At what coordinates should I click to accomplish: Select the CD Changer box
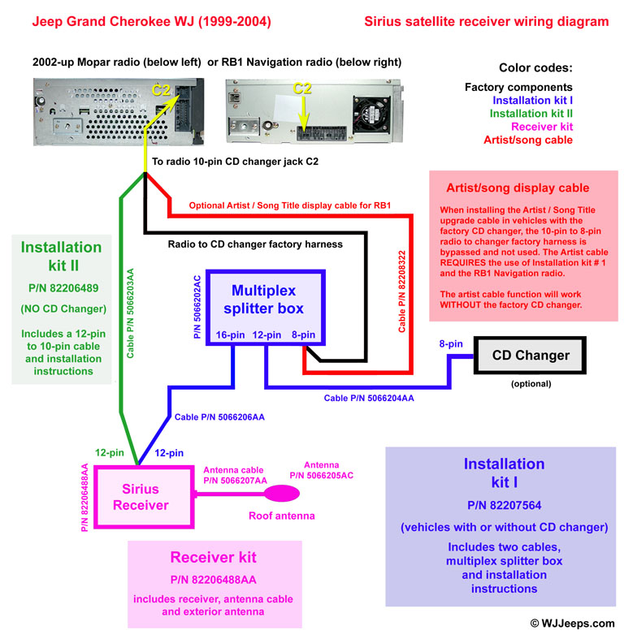tap(531, 355)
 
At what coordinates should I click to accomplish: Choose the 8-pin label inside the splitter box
tap(303, 334)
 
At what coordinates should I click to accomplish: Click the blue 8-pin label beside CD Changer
tap(451, 344)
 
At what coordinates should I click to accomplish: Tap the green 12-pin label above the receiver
tap(109, 452)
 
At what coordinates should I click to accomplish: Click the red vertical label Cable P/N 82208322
tap(402, 290)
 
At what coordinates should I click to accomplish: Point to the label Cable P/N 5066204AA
tap(369, 399)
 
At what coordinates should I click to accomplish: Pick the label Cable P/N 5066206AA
tap(219, 417)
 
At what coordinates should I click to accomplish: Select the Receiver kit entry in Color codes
tap(542, 127)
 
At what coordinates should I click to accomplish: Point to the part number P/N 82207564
tap(504, 503)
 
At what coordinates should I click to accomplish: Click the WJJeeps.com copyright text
tap(572, 624)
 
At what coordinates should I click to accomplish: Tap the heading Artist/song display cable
tap(518, 188)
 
